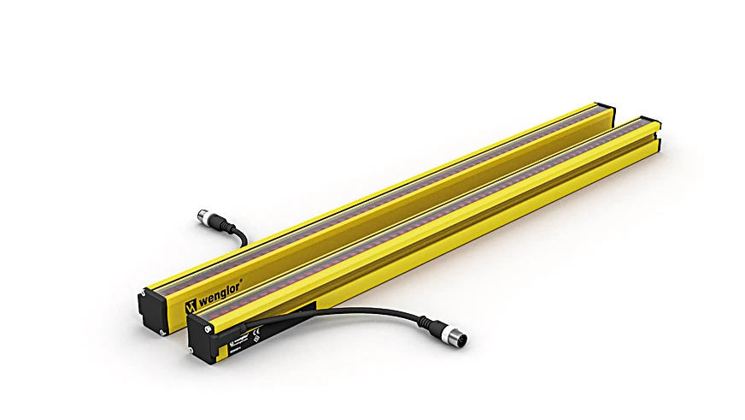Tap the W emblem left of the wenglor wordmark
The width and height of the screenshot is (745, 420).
(191, 305)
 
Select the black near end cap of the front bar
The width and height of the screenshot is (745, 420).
(203, 338)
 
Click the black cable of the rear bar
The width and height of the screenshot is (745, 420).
(240, 232)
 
